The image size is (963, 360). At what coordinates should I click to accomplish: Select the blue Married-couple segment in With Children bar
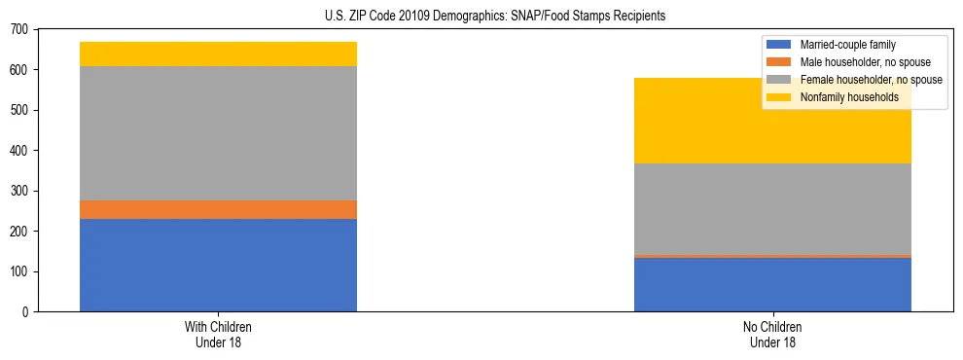click(218, 265)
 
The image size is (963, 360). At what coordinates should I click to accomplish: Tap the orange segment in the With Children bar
click(218, 209)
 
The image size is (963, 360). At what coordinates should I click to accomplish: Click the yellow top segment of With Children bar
click(218, 54)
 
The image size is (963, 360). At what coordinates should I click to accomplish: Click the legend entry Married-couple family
click(847, 45)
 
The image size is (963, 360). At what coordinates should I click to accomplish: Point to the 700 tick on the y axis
click(20, 30)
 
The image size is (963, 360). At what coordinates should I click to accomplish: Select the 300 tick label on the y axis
click(20, 191)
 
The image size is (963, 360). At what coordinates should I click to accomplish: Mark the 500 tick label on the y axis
click(20, 111)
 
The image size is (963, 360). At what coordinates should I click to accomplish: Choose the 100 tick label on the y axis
click(20, 271)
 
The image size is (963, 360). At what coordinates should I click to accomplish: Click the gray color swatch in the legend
click(779, 80)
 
